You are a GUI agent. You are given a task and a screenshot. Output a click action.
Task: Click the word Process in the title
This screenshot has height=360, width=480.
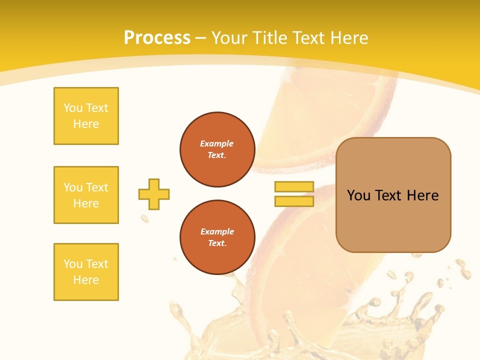157,38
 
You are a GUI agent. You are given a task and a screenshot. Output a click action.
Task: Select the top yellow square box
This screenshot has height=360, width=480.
86,116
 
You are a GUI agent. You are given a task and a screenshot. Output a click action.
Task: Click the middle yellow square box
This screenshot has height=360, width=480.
86,195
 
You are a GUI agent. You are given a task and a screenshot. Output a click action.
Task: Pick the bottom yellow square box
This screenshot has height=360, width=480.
86,272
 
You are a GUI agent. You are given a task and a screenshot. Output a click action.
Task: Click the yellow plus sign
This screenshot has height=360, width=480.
154,194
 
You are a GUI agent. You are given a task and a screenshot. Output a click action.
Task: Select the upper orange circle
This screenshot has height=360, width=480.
217,149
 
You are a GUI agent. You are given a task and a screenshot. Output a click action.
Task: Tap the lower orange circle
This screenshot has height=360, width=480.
217,237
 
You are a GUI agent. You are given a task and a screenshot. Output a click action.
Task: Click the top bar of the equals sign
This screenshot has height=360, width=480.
294,187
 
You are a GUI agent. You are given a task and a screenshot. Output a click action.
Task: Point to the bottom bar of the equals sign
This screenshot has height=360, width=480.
294,201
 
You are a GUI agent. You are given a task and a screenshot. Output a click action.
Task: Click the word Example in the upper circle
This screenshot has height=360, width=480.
217,143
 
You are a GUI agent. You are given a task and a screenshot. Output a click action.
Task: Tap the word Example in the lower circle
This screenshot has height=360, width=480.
217,231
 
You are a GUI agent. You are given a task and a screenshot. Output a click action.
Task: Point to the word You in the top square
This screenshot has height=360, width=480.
72,108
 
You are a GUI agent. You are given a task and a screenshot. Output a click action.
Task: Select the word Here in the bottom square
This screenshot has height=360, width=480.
86,280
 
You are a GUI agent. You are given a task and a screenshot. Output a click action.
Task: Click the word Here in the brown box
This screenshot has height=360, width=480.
422,195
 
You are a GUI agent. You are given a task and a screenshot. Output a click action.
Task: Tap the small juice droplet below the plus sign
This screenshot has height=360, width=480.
144,218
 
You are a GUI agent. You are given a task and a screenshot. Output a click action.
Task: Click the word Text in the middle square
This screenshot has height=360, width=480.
96,187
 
